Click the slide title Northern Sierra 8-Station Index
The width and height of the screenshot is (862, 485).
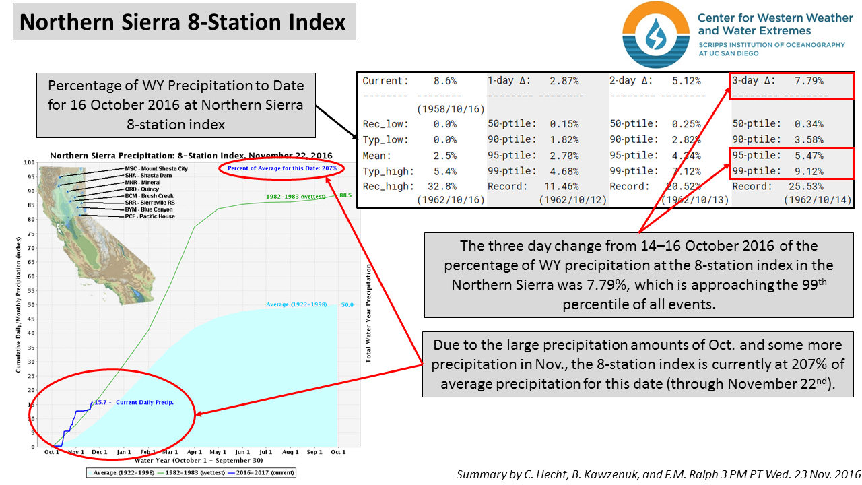pyautogui.click(x=183, y=22)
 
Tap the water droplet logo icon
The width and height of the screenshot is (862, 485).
pyautogui.click(x=655, y=35)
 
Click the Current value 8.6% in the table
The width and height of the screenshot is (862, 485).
pyautogui.click(x=444, y=81)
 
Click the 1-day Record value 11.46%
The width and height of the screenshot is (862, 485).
pyautogui.click(x=562, y=186)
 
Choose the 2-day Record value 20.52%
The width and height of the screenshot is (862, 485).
pyautogui.click(x=685, y=186)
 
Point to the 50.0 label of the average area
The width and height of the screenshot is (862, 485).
pyautogui.click(x=347, y=305)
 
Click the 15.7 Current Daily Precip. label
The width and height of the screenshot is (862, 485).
pyautogui.click(x=133, y=402)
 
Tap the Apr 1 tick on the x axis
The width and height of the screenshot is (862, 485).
pyautogui.click(x=195, y=452)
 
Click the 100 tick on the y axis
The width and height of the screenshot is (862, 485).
pyautogui.click(x=29, y=162)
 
